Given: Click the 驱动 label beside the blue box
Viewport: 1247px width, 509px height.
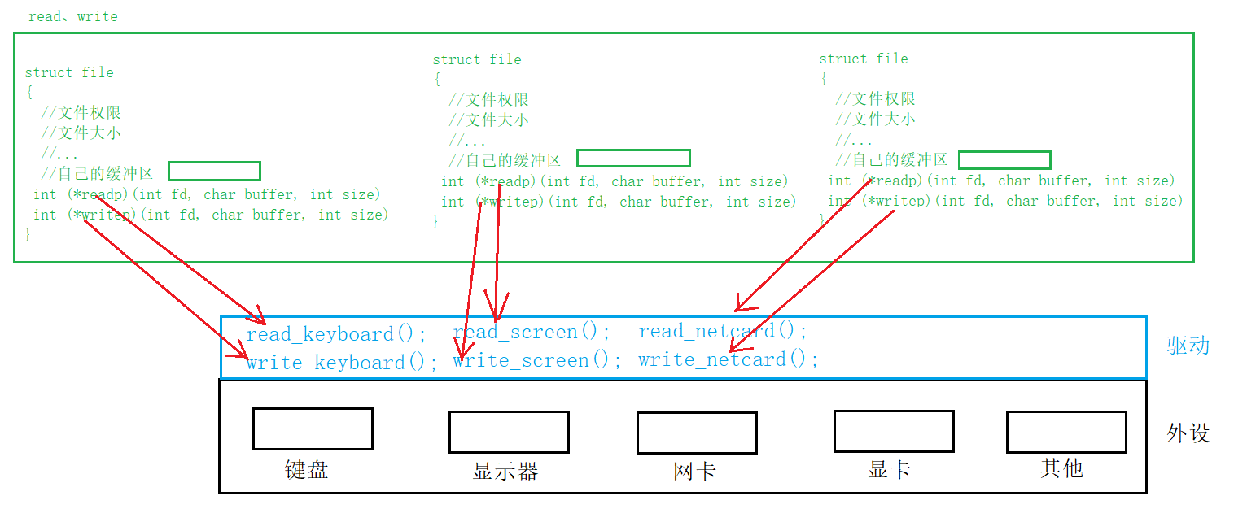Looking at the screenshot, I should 1188,346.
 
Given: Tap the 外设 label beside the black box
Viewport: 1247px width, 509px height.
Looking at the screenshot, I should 1188,433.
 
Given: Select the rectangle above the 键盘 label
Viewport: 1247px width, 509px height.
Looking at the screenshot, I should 313,429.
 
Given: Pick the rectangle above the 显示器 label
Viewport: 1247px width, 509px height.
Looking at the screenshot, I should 509,432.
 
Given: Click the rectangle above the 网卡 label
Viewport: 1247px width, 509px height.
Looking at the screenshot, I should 697,433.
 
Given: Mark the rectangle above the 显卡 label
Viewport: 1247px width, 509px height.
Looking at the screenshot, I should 894,431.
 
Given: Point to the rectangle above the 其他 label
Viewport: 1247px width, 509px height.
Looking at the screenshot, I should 1066,432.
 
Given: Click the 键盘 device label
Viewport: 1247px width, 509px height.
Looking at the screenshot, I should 306,470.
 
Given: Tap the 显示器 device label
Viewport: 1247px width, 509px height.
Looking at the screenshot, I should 505,472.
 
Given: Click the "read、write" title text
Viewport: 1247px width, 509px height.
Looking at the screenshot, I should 72,16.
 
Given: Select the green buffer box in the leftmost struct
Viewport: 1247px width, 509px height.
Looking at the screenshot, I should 214,171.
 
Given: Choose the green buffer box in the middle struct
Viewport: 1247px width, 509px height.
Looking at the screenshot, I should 633,158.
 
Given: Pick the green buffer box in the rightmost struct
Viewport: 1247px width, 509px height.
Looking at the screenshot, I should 1004,159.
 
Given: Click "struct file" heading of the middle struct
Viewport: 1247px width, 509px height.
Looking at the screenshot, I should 476,59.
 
